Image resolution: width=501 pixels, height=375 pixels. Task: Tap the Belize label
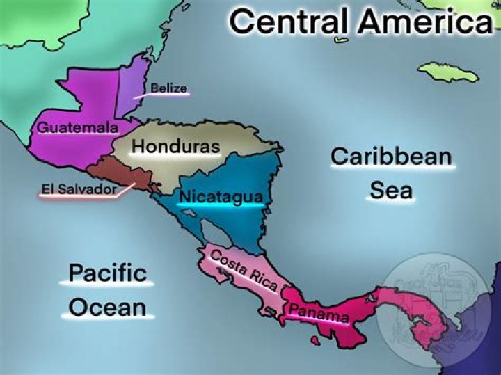click(169, 88)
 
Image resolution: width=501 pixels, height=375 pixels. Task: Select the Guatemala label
click(77, 128)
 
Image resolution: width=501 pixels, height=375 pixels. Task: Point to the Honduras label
click(175, 147)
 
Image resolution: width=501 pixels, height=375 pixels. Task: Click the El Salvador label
click(78, 189)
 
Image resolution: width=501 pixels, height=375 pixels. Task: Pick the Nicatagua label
click(221, 197)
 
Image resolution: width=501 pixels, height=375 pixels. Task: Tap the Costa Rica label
click(244, 269)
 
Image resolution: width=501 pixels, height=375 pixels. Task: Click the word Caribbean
click(391, 157)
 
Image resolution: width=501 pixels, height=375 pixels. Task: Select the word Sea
click(390, 190)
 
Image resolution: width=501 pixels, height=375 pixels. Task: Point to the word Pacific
click(107, 272)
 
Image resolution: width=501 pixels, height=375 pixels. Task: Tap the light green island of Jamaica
click(448, 72)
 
